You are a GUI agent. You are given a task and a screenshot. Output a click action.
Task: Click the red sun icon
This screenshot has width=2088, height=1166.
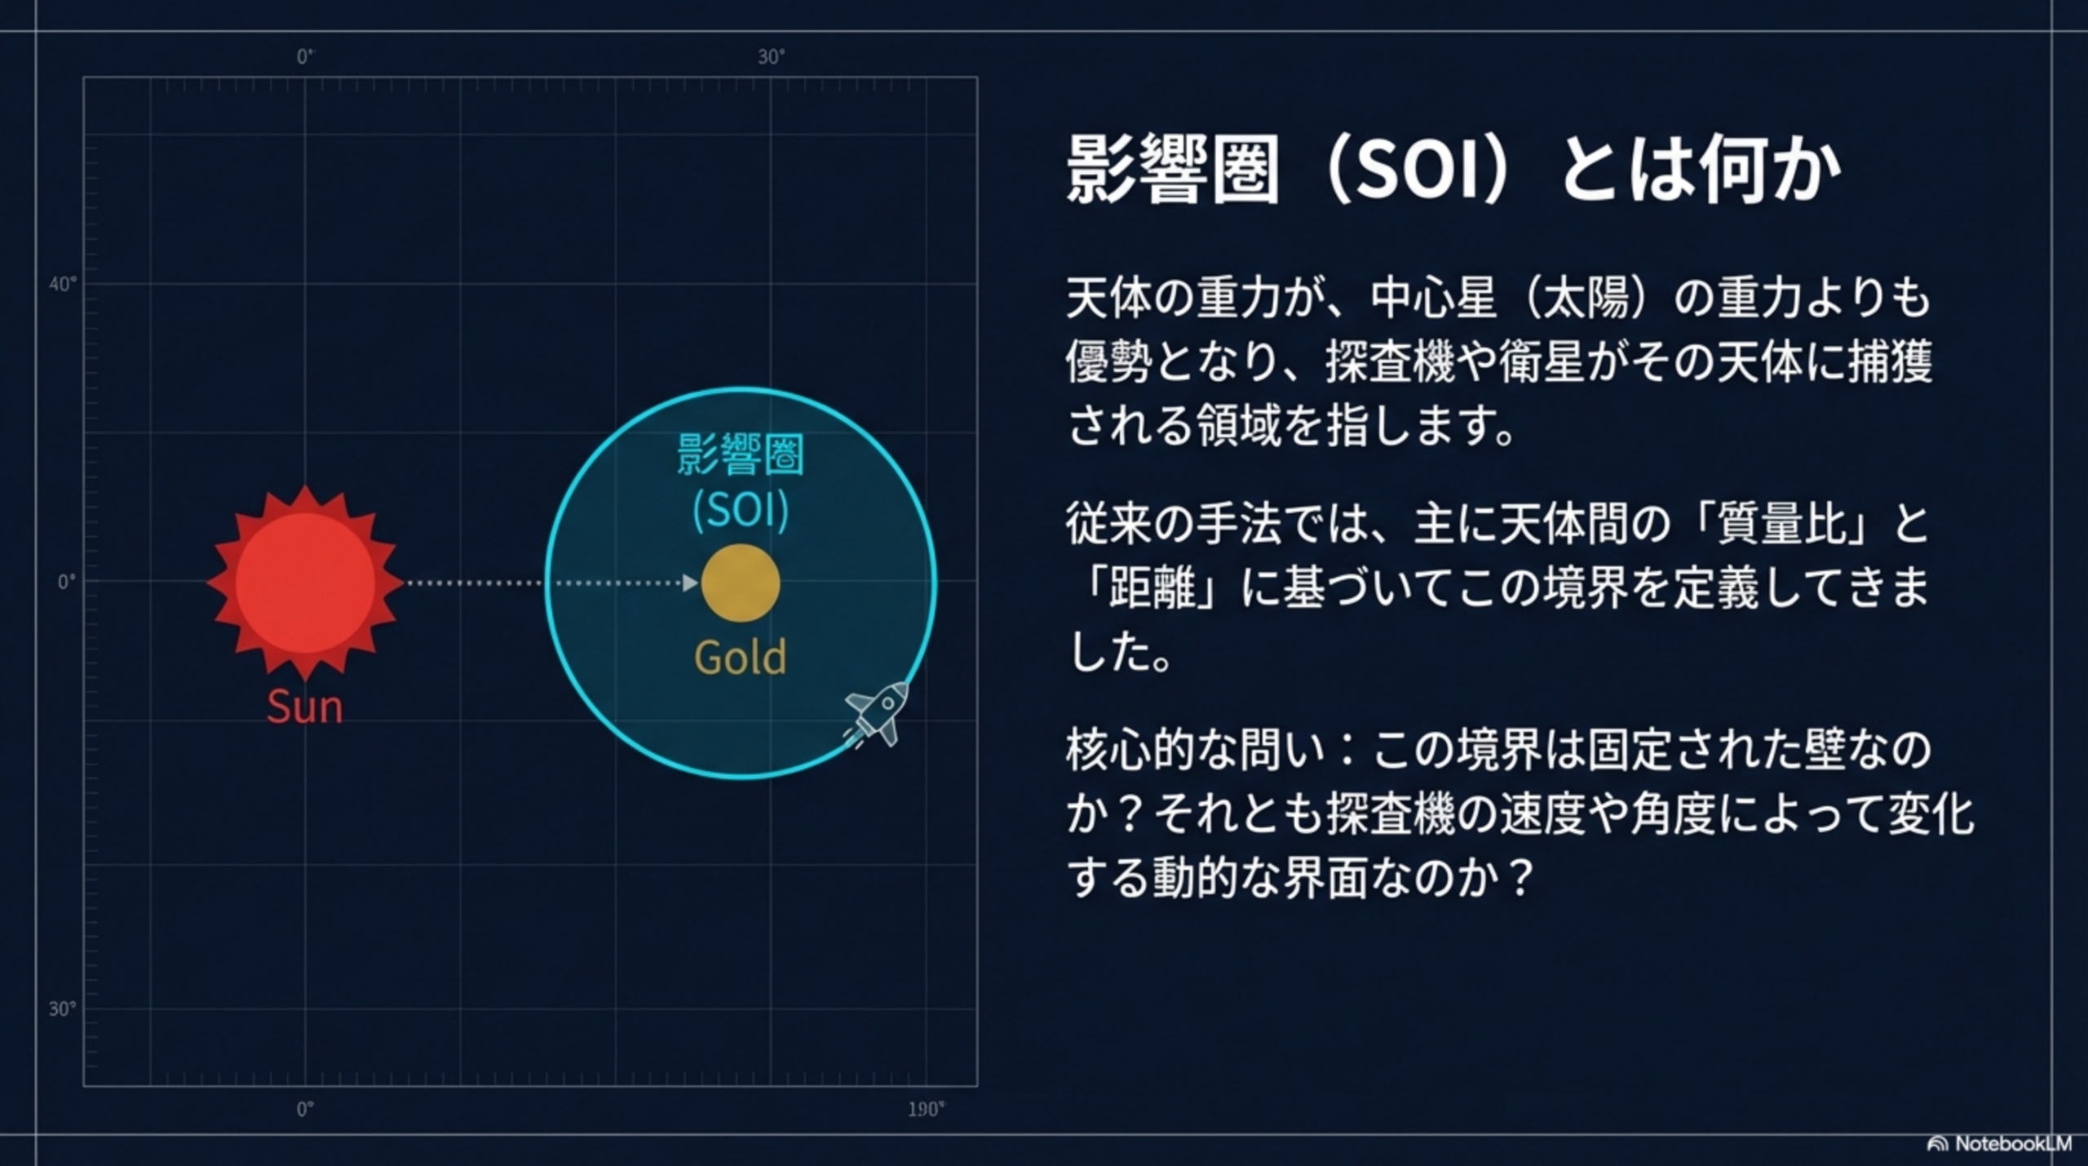click(x=305, y=583)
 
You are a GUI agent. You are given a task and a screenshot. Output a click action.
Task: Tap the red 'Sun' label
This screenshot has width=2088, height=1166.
click(x=305, y=707)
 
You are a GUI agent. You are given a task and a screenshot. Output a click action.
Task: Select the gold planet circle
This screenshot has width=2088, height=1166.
click(x=741, y=583)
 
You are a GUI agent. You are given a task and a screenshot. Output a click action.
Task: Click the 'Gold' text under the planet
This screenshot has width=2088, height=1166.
click(x=741, y=657)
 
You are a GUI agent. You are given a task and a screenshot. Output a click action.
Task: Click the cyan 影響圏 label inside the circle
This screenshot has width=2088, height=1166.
click(x=741, y=454)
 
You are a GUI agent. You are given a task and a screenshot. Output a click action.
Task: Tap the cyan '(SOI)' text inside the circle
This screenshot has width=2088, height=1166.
click(x=741, y=510)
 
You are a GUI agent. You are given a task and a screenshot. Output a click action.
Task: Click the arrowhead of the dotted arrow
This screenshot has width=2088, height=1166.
click(x=691, y=583)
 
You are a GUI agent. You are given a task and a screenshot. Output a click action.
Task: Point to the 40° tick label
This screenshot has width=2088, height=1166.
click(x=63, y=284)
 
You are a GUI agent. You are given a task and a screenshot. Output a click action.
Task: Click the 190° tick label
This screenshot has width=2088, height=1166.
click(x=926, y=1110)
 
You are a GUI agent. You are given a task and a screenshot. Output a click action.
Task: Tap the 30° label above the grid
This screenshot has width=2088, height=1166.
click(x=771, y=56)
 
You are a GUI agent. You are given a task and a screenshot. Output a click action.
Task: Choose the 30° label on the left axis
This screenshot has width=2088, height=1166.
click(x=62, y=1009)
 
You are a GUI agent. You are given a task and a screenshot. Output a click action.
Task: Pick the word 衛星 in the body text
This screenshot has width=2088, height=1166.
click(x=1542, y=361)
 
